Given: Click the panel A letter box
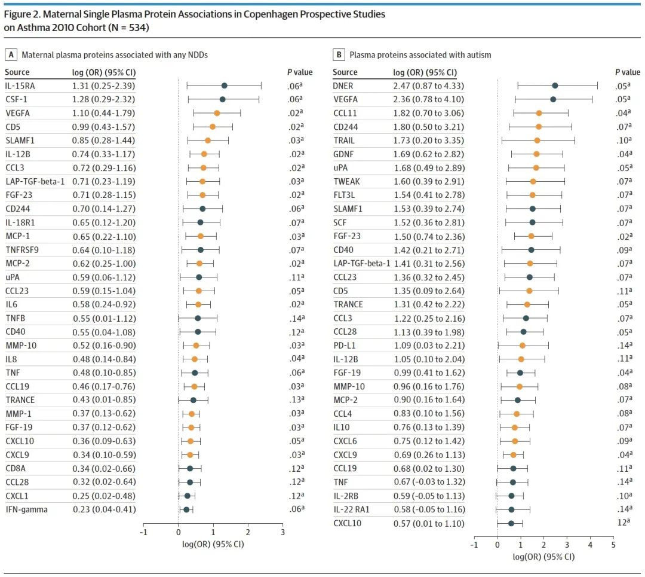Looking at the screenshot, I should tap(10, 55).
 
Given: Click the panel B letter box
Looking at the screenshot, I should tap(339, 55).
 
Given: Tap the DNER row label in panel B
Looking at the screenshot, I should tap(343, 86).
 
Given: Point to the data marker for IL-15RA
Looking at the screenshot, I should tap(224, 86).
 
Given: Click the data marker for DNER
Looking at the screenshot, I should tap(555, 86).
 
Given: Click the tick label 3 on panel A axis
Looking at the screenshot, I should tap(282, 532).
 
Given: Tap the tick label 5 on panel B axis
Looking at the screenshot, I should tap(613, 545).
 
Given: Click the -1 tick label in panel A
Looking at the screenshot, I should tap(143, 532).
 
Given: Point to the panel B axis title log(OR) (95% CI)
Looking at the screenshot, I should tap(544, 557).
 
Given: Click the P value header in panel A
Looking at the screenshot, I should tap(299, 72).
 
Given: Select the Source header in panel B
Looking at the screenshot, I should tap(345, 72).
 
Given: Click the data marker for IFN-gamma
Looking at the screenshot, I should tap(186, 509).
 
